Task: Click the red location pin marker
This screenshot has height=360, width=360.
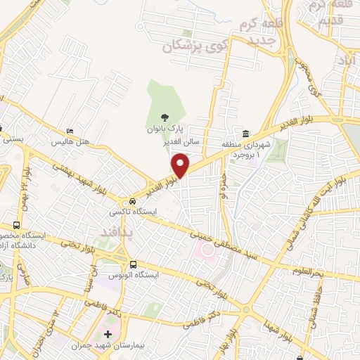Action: click(181, 165)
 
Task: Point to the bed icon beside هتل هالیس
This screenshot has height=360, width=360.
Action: click(69, 131)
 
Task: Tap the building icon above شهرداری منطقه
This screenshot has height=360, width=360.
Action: click(246, 134)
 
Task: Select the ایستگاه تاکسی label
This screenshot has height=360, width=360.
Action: click(127, 211)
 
